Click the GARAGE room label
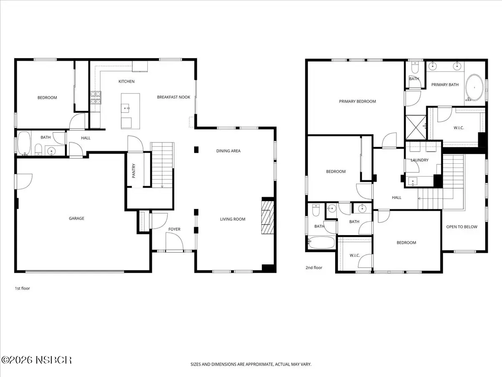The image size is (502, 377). [x=77, y=218]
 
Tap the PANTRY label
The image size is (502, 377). [x=134, y=171]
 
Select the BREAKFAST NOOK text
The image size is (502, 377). [x=173, y=97]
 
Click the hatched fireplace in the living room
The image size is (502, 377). [x=268, y=217]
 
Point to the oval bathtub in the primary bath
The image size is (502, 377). [x=475, y=87]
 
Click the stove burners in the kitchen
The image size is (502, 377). [x=96, y=98]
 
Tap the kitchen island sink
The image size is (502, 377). [x=125, y=108]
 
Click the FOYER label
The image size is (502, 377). [x=174, y=229]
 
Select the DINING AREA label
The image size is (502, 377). [x=228, y=151]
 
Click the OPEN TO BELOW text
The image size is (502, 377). [x=462, y=227]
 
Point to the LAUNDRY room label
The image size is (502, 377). [x=420, y=160]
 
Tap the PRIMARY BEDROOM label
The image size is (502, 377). [x=357, y=101]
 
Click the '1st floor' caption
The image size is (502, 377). [x=23, y=289]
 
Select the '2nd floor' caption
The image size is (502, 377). [x=314, y=268]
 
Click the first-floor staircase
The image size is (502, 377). [x=162, y=165]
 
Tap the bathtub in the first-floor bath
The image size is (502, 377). [x=24, y=143]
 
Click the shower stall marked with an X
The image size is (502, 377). [x=416, y=127]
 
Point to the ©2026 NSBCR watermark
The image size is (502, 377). [x=36, y=360]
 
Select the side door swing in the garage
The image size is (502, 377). [x=23, y=181]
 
